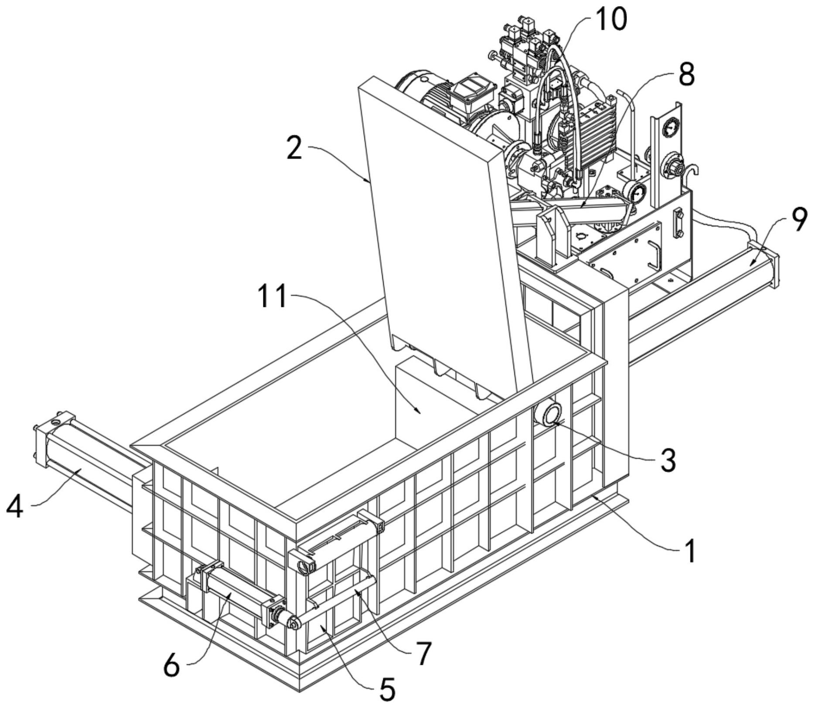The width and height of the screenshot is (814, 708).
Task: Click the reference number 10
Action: (x=611, y=20)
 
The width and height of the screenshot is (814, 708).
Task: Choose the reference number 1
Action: (x=689, y=550)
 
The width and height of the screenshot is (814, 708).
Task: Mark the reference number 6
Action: (x=171, y=665)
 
